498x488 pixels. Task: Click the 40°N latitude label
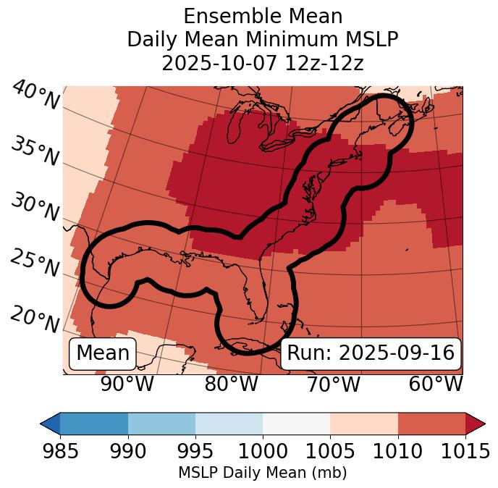click(x=35, y=96)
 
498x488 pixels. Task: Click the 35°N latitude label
click(x=35, y=151)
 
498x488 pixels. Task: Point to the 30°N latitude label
click(x=35, y=208)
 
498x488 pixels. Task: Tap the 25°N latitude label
click(x=35, y=264)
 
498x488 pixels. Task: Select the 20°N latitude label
click(x=35, y=319)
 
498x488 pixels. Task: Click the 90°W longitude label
click(x=127, y=384)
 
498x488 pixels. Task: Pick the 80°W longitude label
click(x=231, y=384)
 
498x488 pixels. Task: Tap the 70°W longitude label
click(x=333, y=384)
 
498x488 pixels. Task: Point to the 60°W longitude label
click(x=435, y=384)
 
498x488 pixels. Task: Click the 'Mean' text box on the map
click(x=103, y=353)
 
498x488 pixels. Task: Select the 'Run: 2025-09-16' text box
click(x=371, y=353)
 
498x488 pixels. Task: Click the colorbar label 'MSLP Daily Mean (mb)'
click(x=262, y=473)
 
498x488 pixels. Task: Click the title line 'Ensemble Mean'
click(x=262, y=16)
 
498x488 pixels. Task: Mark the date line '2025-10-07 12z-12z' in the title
click(x=262, y=63)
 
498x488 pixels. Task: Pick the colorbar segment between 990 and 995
click(x=161, y=423)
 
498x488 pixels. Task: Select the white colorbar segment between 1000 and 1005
click(x=296, y=423)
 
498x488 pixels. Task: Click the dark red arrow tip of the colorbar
click(x=476, y=423)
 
